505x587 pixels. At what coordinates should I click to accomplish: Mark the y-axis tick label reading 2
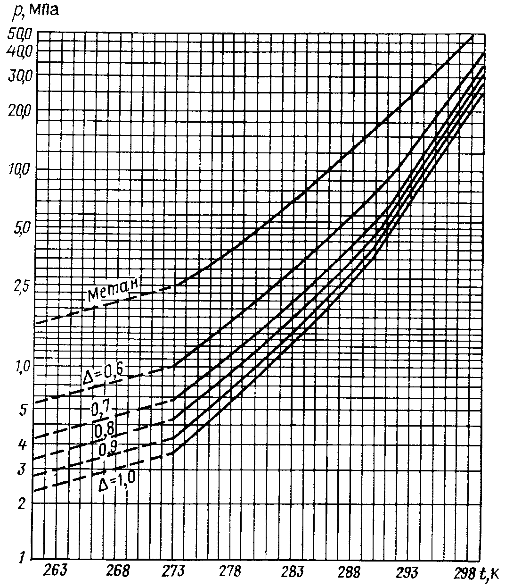[x=20, y=503]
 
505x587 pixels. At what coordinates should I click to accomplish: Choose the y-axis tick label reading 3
[x=20, y=469]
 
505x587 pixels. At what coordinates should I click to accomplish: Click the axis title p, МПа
[x=35, y=10]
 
